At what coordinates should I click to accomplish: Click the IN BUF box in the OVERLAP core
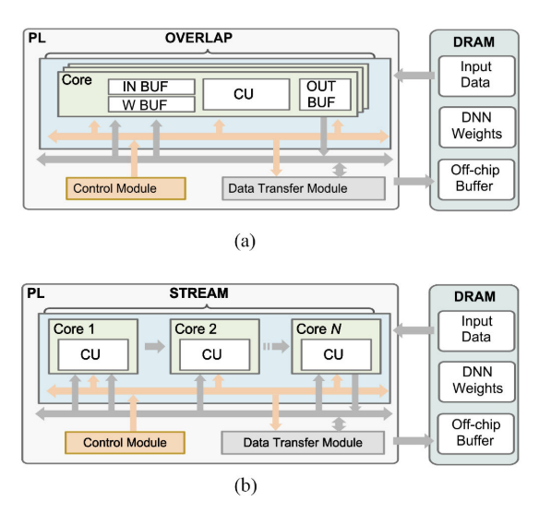[x=151, y=87]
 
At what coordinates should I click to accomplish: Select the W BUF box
[x=151, y=104]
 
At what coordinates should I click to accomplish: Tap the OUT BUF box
[x=324, y=95]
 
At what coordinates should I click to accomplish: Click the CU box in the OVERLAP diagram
[x=245, y=95]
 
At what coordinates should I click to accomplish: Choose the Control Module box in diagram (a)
[x=126, y=189]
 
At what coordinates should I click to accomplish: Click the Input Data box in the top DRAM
[x=476, y=74]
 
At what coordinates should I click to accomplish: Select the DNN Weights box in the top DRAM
[x=476, y=125]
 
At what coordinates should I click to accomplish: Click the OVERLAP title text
[x=198, y=38]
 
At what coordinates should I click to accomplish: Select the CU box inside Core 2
[x=211, y=354]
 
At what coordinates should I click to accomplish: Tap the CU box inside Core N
[x=329, y=354]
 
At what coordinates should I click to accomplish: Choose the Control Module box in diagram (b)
[x=126, y=443]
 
